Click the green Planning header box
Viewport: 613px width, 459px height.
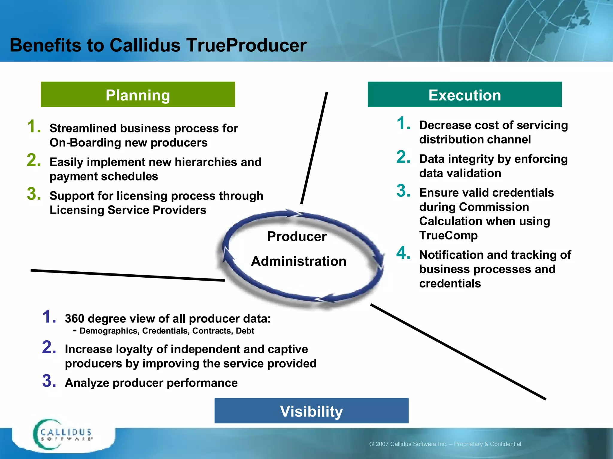138,94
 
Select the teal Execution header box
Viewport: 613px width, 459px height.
465,94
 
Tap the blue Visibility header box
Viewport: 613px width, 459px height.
311,411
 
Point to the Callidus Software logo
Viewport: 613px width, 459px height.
63,435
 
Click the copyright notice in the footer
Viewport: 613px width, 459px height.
445,444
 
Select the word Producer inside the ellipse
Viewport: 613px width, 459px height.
297,237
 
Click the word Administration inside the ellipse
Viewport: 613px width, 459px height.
299,261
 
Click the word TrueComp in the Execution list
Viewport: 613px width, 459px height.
448,235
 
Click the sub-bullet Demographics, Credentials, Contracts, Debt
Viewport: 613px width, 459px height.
166,331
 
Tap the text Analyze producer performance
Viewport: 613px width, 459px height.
151,383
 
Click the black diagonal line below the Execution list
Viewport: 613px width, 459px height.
458,351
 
